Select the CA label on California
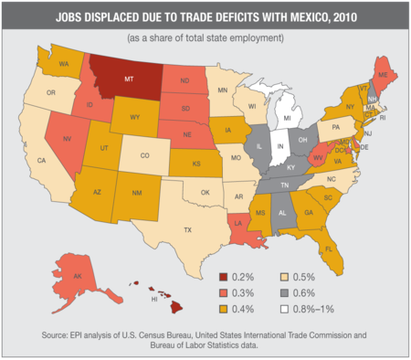pos(41,161)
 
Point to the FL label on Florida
pos(328,248)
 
